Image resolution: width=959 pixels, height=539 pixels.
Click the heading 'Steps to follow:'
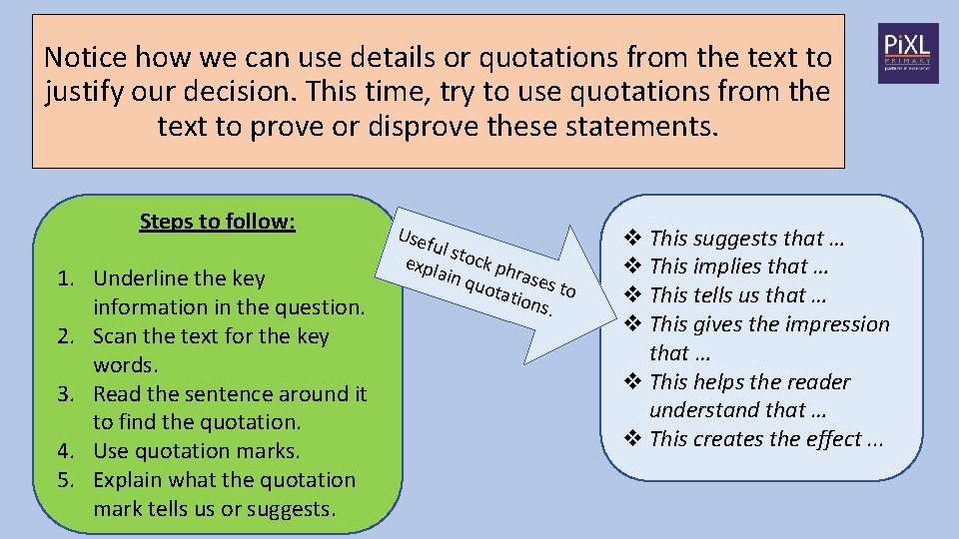point(217,221)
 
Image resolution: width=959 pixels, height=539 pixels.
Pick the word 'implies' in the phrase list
point(726,267)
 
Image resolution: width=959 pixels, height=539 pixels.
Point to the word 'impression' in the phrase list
point(838,324)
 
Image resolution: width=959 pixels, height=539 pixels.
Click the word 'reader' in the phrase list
point(818,382)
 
